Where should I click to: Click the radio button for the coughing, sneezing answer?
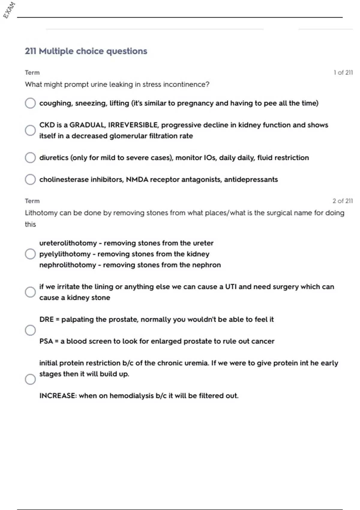pos(30,103)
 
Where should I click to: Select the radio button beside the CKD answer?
pos(30,130)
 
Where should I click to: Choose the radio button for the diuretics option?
pos(30,157)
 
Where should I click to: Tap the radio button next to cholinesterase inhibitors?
pos(30,179)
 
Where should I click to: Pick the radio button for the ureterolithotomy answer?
pos(30,254)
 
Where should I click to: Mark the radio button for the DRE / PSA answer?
pos(30,330)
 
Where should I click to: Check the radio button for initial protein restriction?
pos(30,379)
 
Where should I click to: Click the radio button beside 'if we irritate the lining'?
pos(30,292)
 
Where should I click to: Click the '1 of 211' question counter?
pos(343,73)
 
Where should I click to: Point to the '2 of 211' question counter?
pos(342,201)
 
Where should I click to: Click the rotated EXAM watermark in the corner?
pos(9,10)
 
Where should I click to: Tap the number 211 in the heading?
pos(31,51)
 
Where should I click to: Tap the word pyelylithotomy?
pos(65,254)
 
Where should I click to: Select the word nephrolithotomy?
pos(67,265)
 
